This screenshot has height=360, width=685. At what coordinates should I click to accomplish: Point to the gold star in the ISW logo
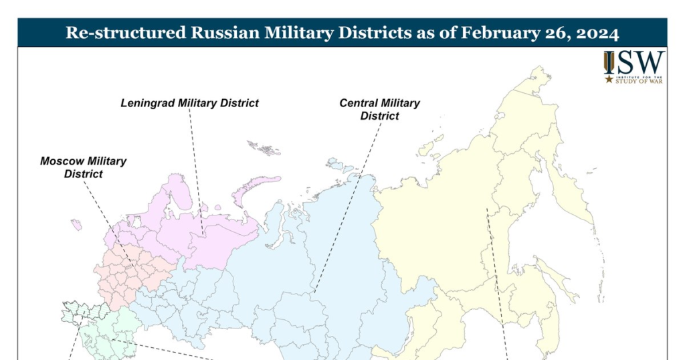(609, 79)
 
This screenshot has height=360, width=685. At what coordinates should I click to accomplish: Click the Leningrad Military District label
(189, 103)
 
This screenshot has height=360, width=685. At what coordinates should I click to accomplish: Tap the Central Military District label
(380, 109)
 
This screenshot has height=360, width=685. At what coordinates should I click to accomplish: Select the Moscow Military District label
(84, 167)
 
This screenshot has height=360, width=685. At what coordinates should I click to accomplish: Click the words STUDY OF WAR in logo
(640, 83)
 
